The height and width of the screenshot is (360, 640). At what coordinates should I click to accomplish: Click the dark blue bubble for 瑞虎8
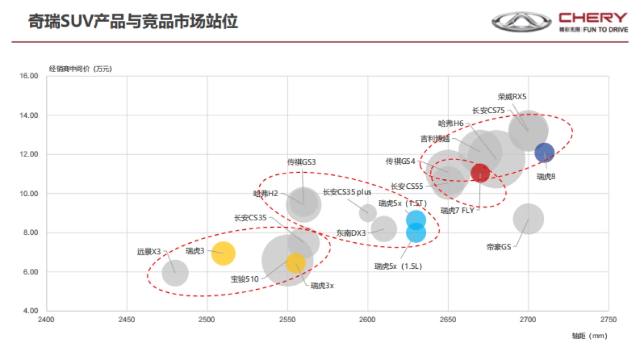click(x=545, y=153)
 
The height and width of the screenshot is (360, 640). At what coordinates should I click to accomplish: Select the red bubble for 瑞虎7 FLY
click(x=480, y=173)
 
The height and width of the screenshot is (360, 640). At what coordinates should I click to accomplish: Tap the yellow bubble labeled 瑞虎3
click(x=223, y=253)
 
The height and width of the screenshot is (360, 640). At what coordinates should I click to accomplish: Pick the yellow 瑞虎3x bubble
click(x=295, y=262)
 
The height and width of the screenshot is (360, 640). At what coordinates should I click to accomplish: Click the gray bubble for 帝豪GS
click(x=529, y=219)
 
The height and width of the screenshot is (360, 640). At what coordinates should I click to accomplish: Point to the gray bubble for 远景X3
click(x=175, y=273)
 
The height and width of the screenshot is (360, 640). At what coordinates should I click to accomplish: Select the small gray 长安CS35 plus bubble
click(x=367, y=213)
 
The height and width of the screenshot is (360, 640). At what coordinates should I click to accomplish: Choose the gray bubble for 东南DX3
click(x=383, y=229)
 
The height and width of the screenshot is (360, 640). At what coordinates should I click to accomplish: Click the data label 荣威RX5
click(x=512, y=97)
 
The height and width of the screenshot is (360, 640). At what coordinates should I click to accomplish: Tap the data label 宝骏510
click(x=244, y=278)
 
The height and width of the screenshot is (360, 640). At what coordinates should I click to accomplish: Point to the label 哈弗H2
click(x=266, y=194)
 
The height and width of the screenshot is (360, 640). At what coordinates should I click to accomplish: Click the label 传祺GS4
click(x=401, y=161)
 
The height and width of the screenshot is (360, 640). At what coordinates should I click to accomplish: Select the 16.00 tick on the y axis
click(x=30, y=76)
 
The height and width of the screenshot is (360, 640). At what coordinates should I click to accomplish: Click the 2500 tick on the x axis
click(x=207, y=319)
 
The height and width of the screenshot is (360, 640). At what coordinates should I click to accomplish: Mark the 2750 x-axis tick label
click(x=608, y=319)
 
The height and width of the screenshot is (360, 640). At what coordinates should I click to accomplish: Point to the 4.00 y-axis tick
click(x=30, y=311)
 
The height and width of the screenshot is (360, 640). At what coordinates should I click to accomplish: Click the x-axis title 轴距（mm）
click(x=589, y=336)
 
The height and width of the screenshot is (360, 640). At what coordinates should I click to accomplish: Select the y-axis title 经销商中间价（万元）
click(x=81, y=68)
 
